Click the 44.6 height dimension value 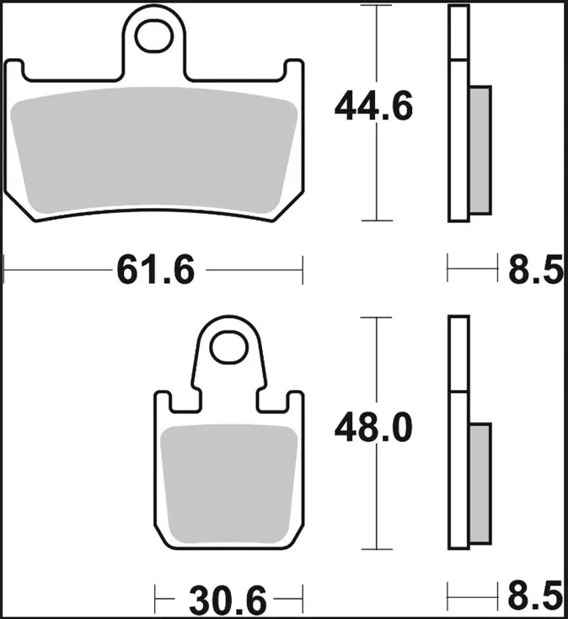click(373, 107)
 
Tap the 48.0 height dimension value click(373, 429)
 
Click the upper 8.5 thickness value click(535, 271)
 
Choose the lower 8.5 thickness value click(535, 598)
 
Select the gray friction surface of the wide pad click(156, 152)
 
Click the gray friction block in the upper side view click(479, 150)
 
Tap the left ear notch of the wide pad click(16, 72)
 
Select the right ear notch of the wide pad click(293, 72)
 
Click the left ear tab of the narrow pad click(162, 403)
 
